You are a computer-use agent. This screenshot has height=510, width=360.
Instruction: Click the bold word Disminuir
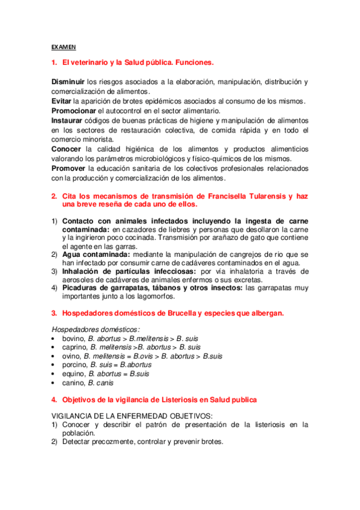67,82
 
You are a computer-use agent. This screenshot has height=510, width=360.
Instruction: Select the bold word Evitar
61,100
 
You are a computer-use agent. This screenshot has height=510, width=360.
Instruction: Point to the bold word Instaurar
67,120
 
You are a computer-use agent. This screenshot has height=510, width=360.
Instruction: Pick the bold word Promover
68,168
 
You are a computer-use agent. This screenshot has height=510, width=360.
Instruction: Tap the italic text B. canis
100,382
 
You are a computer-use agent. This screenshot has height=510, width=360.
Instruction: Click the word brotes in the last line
210,441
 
